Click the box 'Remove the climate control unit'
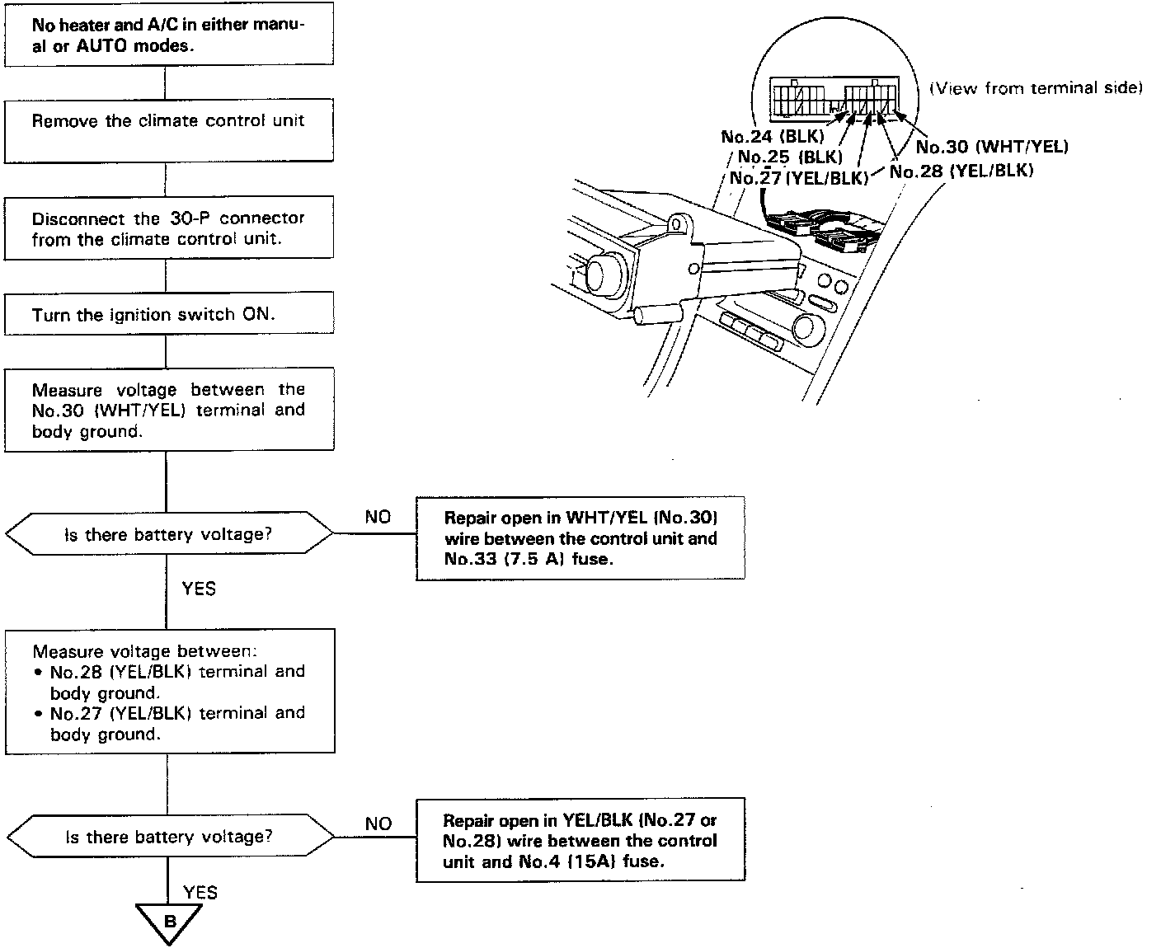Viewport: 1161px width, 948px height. tap(168, 130)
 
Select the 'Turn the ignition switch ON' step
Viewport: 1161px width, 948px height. tap(168, 314)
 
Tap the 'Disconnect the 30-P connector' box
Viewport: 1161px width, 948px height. tap(168, 228)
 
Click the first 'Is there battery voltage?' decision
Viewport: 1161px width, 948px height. tap(168, 534)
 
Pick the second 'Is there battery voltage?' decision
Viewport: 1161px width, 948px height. tap(168, 837)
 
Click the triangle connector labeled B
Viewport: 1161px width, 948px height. tap(170, 920)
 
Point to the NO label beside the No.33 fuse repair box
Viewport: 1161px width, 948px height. tap(378, 517)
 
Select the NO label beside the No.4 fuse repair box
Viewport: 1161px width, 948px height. tap(378, 824)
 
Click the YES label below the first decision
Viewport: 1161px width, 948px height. tap(199, 588)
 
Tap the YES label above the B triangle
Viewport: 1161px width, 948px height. tap(200, 892)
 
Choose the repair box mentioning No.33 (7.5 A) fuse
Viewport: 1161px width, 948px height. tap(580, 538)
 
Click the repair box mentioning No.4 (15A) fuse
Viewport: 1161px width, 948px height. tap(580, 841)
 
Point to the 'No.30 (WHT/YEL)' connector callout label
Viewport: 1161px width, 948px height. tap(992, 147)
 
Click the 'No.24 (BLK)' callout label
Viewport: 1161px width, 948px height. tap(772, 137)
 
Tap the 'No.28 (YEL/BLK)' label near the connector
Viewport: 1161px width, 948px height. tap(961, 171)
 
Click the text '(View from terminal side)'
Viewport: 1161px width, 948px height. tap(1036, 88)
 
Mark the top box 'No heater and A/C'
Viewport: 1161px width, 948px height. tap(168, 35)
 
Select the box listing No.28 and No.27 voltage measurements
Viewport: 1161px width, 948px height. tap(169, 691)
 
